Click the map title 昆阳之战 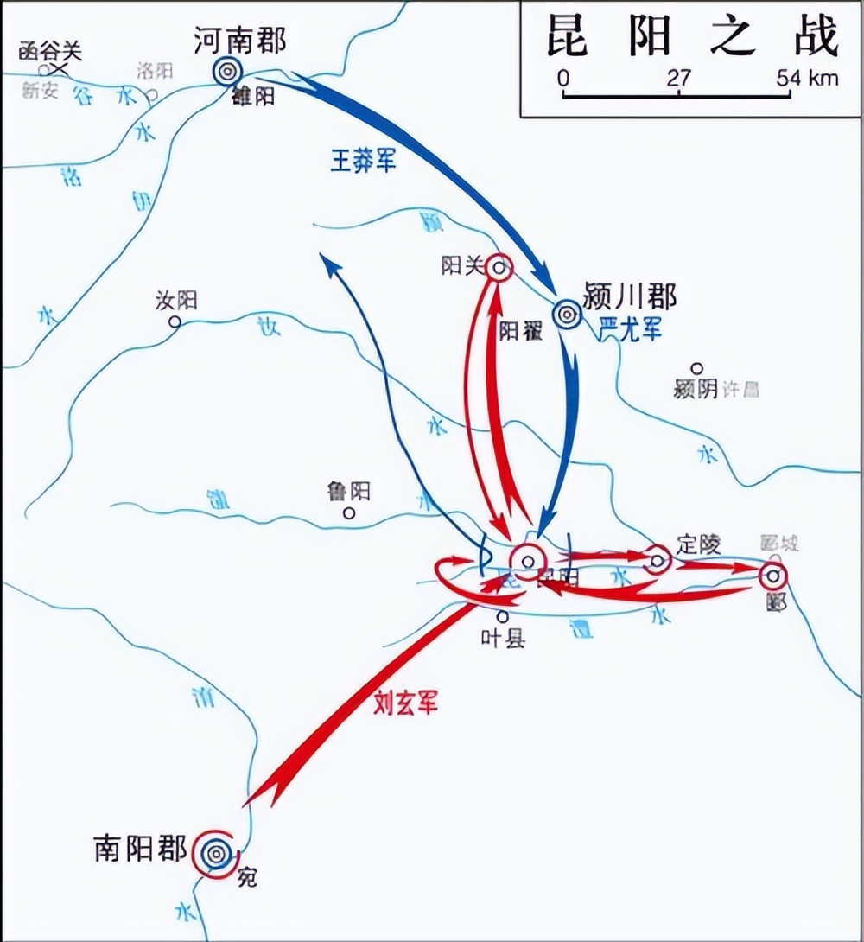(x=691, y=37)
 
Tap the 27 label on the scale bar (x=680, y=78)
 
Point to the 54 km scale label (x=807, y=78)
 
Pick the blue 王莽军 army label (x=363, y=160)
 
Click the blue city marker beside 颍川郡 (x=567, y=315)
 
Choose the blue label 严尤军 (x=629, y=328)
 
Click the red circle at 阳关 (x=499, y=268)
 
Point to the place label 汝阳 (x=176, y=301)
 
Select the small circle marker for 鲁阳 (x=349, y=512)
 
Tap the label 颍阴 (x=696, y=390)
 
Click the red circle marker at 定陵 (x=658, y=560)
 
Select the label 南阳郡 (x=140, y=849)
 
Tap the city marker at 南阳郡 (x=214, y=854)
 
